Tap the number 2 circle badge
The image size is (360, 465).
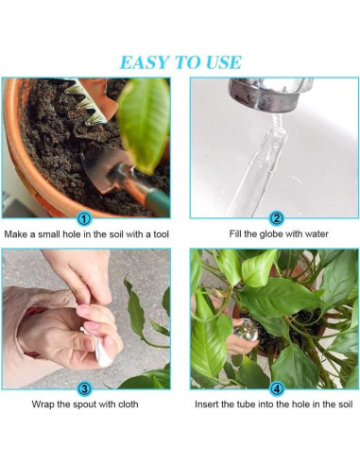click(275, 217)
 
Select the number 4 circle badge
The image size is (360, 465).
click(275, 388)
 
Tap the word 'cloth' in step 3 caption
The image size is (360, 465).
click(132, 406)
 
